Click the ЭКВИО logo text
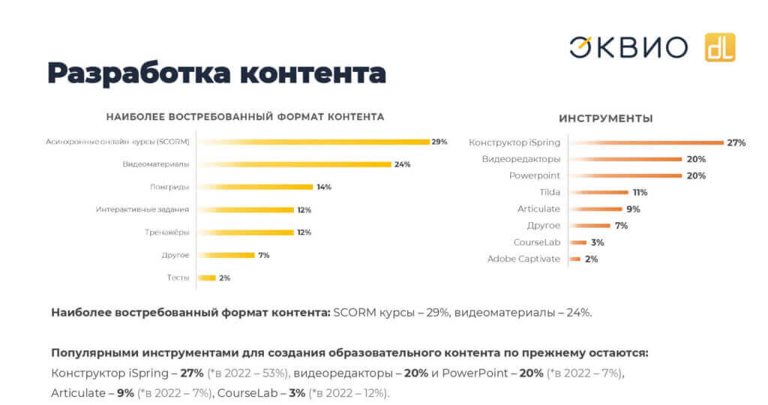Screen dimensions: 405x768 [628, 47]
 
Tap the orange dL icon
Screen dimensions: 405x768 [719, 47]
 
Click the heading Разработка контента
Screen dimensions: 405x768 [217, 73]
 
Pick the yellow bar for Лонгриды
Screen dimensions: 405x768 [255, 187]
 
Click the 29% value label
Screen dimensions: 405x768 [439, 142]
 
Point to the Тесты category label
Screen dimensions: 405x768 [178, 277]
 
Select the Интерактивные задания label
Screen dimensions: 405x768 [142, 209]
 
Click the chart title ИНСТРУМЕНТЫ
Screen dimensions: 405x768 [605, 118]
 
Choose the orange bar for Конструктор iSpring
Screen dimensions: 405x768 [646, 142]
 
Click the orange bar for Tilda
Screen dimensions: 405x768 [599, 193]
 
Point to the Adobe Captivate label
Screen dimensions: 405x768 [523, 259]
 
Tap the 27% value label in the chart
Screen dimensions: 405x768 [736, 142]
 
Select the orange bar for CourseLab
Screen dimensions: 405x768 [577, 242]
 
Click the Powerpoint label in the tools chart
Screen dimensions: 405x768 [534, 175]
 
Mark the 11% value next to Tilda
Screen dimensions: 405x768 [640, 193]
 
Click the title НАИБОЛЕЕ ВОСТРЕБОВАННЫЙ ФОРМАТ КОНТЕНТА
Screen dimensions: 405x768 [245, 117]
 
